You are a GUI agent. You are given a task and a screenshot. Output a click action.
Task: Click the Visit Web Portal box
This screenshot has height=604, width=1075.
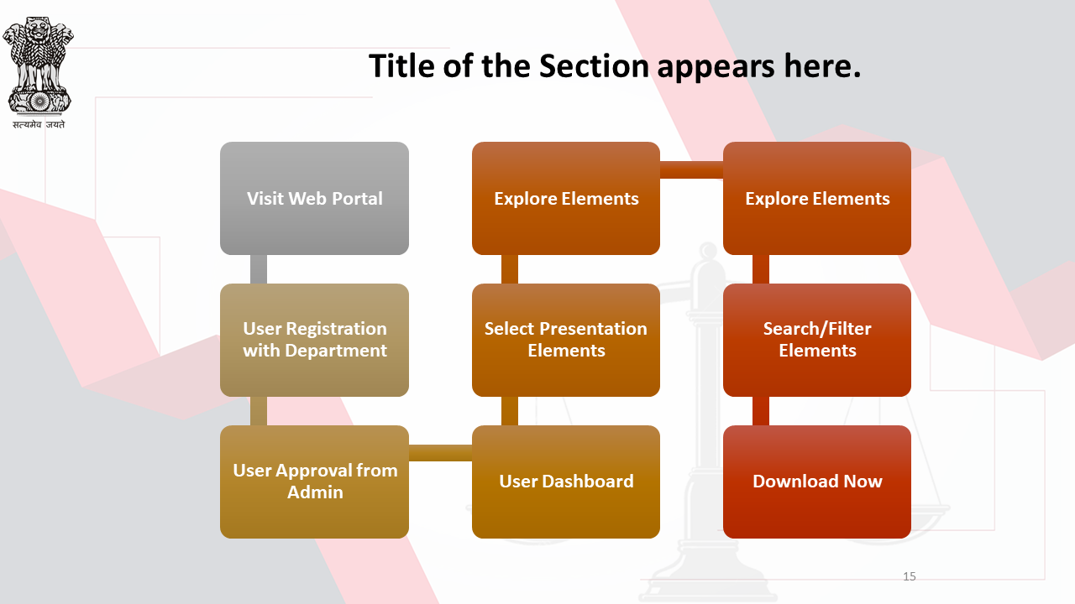point(314,198)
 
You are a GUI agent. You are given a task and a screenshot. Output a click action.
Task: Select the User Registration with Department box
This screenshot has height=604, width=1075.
point(314,340)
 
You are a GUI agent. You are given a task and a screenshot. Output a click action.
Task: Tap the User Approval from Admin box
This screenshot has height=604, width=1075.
point(314,482)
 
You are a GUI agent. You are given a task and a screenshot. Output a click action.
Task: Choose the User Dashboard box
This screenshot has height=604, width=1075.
point(566,482)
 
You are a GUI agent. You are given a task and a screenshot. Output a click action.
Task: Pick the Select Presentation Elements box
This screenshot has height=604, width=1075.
point(566,340)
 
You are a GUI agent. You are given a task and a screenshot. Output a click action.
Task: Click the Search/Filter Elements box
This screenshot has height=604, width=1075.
point(817,340)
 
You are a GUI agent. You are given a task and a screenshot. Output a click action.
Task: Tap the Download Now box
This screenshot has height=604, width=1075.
point(817,482)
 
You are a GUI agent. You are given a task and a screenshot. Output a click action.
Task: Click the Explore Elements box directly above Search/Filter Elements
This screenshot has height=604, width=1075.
point(817,198)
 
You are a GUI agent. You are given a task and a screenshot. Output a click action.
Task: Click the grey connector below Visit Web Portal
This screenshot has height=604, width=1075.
point(259,269)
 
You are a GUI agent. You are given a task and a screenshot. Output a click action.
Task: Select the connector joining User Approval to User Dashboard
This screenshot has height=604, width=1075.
point(441,453)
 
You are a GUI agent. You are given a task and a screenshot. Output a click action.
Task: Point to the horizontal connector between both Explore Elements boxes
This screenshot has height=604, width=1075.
point(691,169)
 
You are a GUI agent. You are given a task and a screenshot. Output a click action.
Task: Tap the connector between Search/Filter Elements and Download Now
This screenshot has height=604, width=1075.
point(761,411)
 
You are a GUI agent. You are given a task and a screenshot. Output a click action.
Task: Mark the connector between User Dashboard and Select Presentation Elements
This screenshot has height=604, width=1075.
point(510,411)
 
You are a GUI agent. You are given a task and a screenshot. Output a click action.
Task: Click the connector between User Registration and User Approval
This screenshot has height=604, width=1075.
point(259,411)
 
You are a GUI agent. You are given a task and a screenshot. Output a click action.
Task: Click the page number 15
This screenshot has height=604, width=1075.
point(910,576)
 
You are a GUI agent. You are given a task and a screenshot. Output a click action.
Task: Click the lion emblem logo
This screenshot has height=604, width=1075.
point(38,65)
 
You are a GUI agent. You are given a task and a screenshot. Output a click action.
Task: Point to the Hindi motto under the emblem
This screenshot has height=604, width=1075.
point(39,125)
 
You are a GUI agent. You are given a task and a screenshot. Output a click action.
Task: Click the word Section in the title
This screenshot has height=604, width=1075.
point(594,65)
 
